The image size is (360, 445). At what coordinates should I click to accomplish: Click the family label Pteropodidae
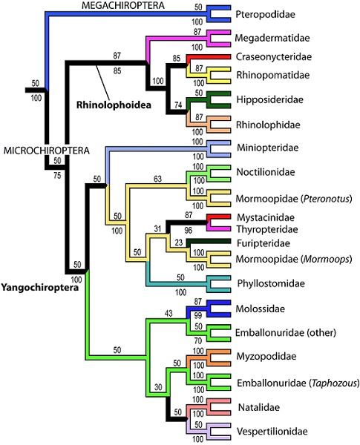(x=271, y=15)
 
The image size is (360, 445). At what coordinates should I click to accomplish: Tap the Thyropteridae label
(x=271, y=230)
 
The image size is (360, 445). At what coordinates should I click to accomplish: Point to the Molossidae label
(x=266, y=308)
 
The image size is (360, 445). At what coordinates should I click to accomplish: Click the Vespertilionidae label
(x=277, y=430)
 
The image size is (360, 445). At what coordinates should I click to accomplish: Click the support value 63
(x=157, y=178)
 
